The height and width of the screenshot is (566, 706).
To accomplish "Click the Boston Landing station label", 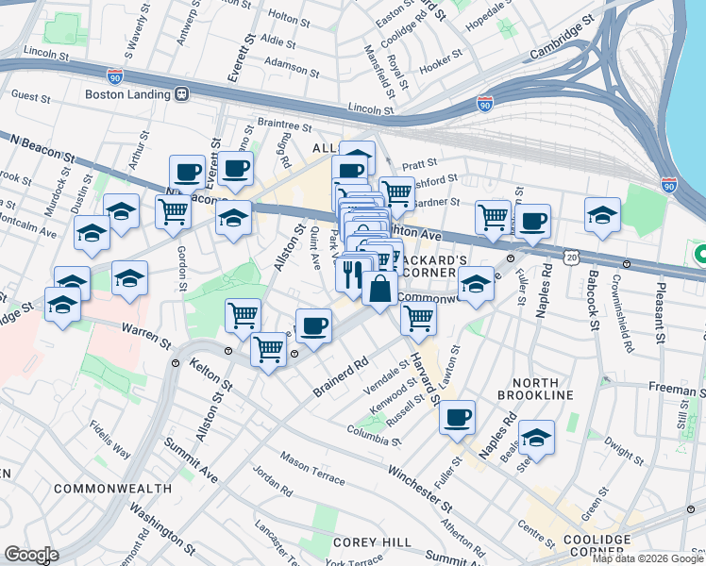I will (x=126, y=94).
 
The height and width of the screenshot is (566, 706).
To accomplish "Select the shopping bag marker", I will (x=378, y=289).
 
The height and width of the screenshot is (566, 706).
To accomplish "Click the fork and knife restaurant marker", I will (x=352, y=276).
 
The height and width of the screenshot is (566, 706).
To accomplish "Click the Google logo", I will (x=30, y=555).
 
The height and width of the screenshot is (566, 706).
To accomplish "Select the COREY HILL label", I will (x=373, y=542).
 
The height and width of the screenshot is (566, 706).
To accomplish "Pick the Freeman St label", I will (x=674, y=388).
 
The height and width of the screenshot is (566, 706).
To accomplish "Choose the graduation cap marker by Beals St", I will (x=536, y=438).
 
